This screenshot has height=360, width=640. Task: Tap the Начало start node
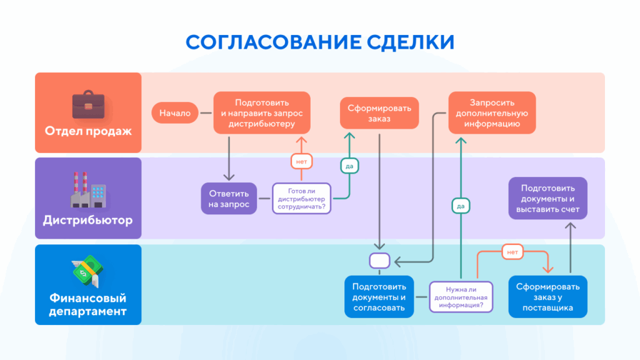click(174, 113)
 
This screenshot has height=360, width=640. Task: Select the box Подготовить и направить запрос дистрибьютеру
click(262, 113)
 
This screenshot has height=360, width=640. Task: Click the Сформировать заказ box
click(380, 113)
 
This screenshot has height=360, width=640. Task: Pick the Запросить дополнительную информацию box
click(492, 113)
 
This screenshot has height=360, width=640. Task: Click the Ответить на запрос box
click(229, 198)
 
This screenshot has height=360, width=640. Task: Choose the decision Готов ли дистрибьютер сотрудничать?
click(302, 198)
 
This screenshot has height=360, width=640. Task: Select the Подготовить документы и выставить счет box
click(547, 198)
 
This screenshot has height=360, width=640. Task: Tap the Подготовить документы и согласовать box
click(379, 296)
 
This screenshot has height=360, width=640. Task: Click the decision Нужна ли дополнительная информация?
click(461, 296)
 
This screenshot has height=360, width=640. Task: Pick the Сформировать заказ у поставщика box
click(547, 296)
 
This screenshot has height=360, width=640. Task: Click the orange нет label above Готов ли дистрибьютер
click(302, 161)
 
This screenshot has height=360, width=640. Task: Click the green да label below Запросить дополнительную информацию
click(461, 206)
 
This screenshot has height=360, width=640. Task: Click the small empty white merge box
click(379, 259)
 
